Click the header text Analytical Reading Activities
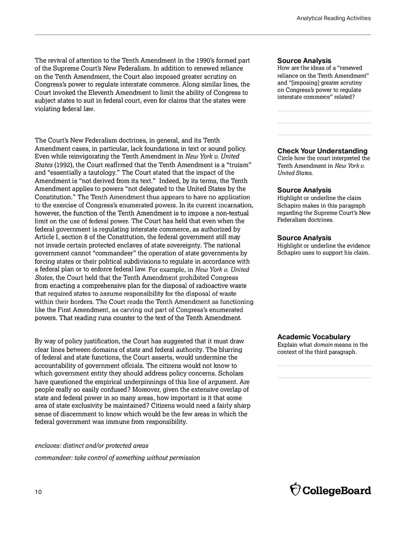pos(333,18)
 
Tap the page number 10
pos(38,492)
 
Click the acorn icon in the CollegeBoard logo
pos(295,490)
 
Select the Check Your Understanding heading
pos(322,151)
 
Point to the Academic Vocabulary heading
pos(313,337)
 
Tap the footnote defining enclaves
pos(91,446)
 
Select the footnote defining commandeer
pos(117,458)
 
